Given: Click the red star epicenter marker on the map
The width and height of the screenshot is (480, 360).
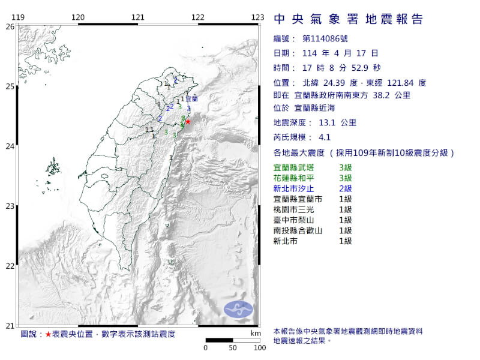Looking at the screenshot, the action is point(188,121).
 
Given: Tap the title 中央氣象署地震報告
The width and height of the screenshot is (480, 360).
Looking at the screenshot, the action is point(348,19).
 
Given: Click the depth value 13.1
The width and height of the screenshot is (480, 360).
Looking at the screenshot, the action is point(323,122).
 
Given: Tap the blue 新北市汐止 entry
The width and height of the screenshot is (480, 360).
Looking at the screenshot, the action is point(293,187).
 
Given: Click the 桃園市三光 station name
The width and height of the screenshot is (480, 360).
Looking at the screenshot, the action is point(293,209).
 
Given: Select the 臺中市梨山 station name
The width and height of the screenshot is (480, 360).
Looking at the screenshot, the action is point(293,220).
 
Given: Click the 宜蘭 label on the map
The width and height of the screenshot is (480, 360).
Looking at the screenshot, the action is point(191,98).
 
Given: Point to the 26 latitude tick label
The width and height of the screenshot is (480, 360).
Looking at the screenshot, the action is point(10,26).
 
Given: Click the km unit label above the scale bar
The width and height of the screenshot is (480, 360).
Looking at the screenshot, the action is point(256,333).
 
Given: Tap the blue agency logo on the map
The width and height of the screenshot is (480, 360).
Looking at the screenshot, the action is point(239,310).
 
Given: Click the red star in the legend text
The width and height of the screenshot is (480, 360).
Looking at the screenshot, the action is point(49,334).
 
